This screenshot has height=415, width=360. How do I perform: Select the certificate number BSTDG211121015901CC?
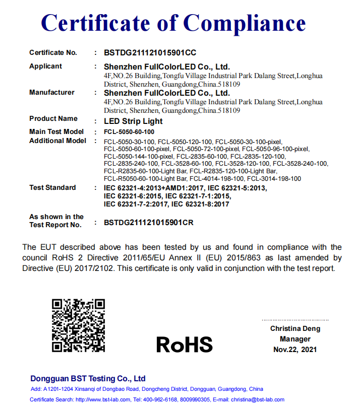click(150, 52)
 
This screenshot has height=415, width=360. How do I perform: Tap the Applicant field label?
click(45, 66)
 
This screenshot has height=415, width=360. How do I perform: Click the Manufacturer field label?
click(51, 92)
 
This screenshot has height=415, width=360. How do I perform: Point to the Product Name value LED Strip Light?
click(133, 121)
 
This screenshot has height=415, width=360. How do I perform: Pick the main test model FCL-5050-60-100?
click(129, 131)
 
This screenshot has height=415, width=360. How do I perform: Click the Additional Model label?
click(57, 141)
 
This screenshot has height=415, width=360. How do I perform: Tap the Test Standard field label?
click(52, 187)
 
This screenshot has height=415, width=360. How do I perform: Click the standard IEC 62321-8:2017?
click(200, 204)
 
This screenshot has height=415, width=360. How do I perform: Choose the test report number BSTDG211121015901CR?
click(149, 222)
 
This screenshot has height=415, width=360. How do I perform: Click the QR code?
click(78, 325)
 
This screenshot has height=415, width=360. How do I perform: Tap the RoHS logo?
click(184, 344)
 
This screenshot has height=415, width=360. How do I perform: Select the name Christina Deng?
click(295, 328)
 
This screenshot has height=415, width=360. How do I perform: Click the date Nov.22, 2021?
click(295, 350)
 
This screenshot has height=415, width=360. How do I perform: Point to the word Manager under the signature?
click(295, 339)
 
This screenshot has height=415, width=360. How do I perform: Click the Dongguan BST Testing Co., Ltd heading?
click(88, 378)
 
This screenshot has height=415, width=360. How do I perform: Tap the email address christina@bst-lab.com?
click(258, 399)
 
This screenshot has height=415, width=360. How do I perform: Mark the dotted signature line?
click(295, 319)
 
